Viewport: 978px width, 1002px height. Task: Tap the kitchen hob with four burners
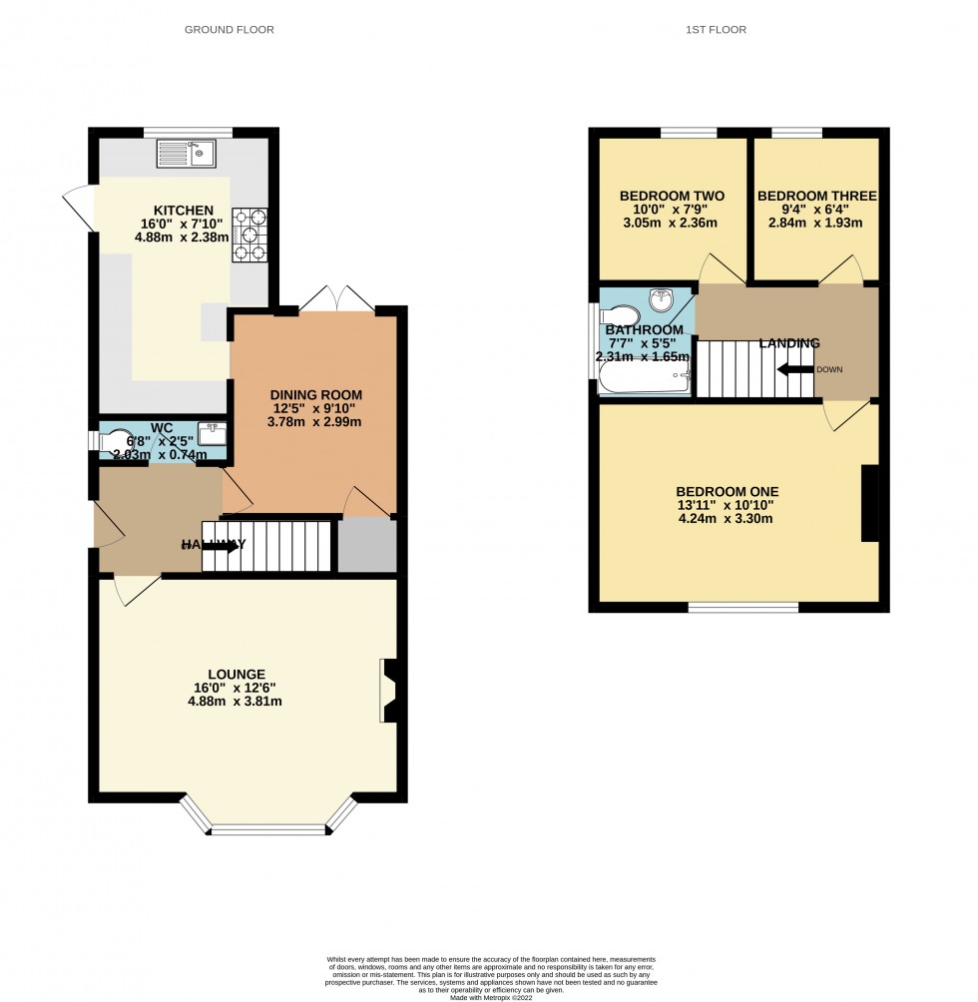coord(250,236)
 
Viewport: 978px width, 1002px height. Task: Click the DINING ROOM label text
coord(315,394)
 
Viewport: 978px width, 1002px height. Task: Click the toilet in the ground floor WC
coord(119,440)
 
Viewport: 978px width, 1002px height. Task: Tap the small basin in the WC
coord(211,433)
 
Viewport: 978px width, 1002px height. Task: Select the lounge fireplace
coord(389,690)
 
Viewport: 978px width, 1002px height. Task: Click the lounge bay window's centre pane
coord(268,829)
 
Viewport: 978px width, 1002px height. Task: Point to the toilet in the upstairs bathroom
coord(620,316)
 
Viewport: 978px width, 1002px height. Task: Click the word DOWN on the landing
coord(829,369)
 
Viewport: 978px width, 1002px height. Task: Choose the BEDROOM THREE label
coord(816,196)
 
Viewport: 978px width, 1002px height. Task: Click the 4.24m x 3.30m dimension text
coord(727,518)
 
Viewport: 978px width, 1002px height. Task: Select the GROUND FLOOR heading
coord(229,30)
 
